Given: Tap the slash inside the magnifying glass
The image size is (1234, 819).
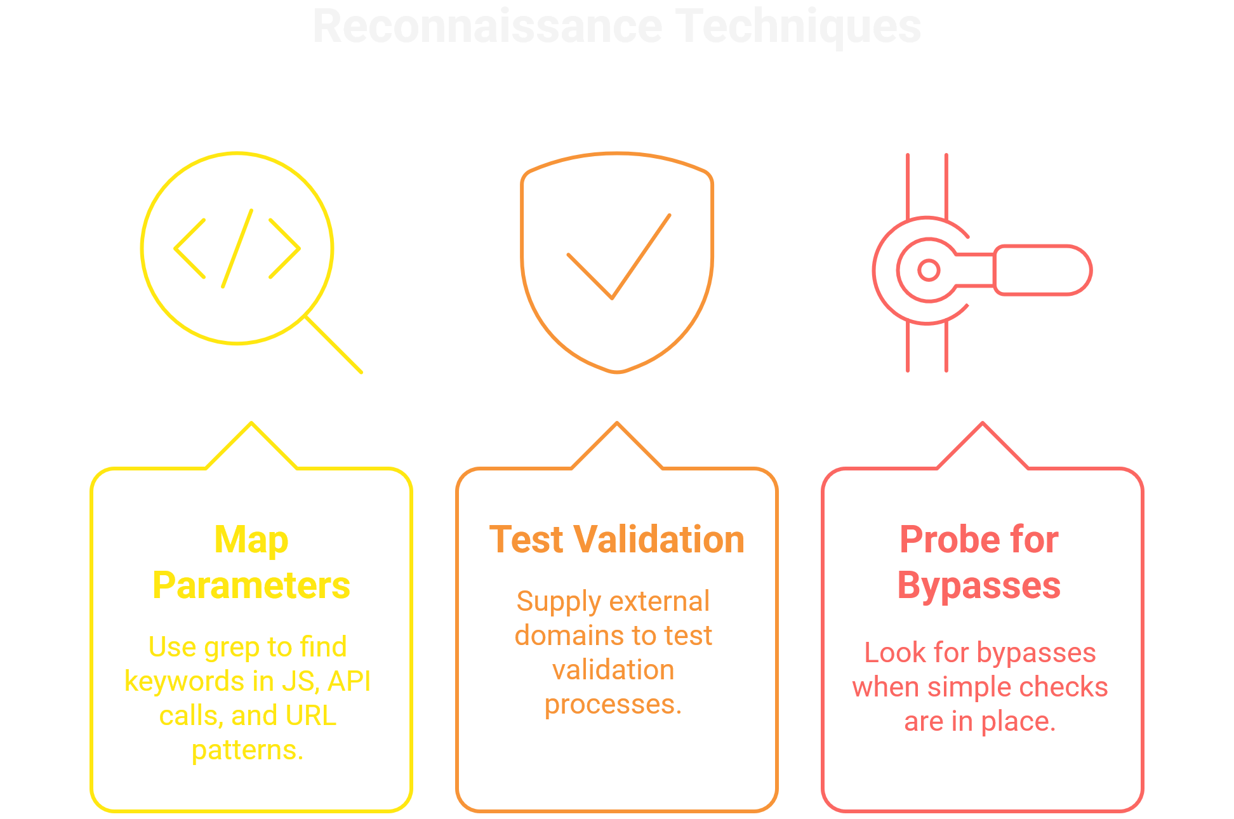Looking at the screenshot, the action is pyautogui.click(x=237, y=248).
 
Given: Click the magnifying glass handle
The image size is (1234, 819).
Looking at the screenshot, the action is pyautogui.click(x=335, y=345).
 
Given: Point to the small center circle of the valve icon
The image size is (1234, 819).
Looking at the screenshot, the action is pyautogui.click(x=929, y=270).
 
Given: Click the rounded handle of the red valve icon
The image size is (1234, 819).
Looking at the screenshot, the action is pyautogui.click(x=1042, y=270).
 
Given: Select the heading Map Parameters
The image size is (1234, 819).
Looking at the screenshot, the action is pyautogui.click(x=251, y=563).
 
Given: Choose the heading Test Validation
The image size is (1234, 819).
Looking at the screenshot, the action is pyautogui.click(x=617, y=540).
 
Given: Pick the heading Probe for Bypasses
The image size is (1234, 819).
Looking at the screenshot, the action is pyautogui.click(x=979, y=563).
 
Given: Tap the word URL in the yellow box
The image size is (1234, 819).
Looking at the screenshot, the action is pyautogui.click(x=311, y=716).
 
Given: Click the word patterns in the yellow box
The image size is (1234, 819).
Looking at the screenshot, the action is pyautogui.click(x=247, y=750).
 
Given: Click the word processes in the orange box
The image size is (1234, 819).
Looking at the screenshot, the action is pyautogui.click(x=613, y=704).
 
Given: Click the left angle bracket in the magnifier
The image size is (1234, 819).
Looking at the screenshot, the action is pyautogui.click(x=190, y=248).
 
